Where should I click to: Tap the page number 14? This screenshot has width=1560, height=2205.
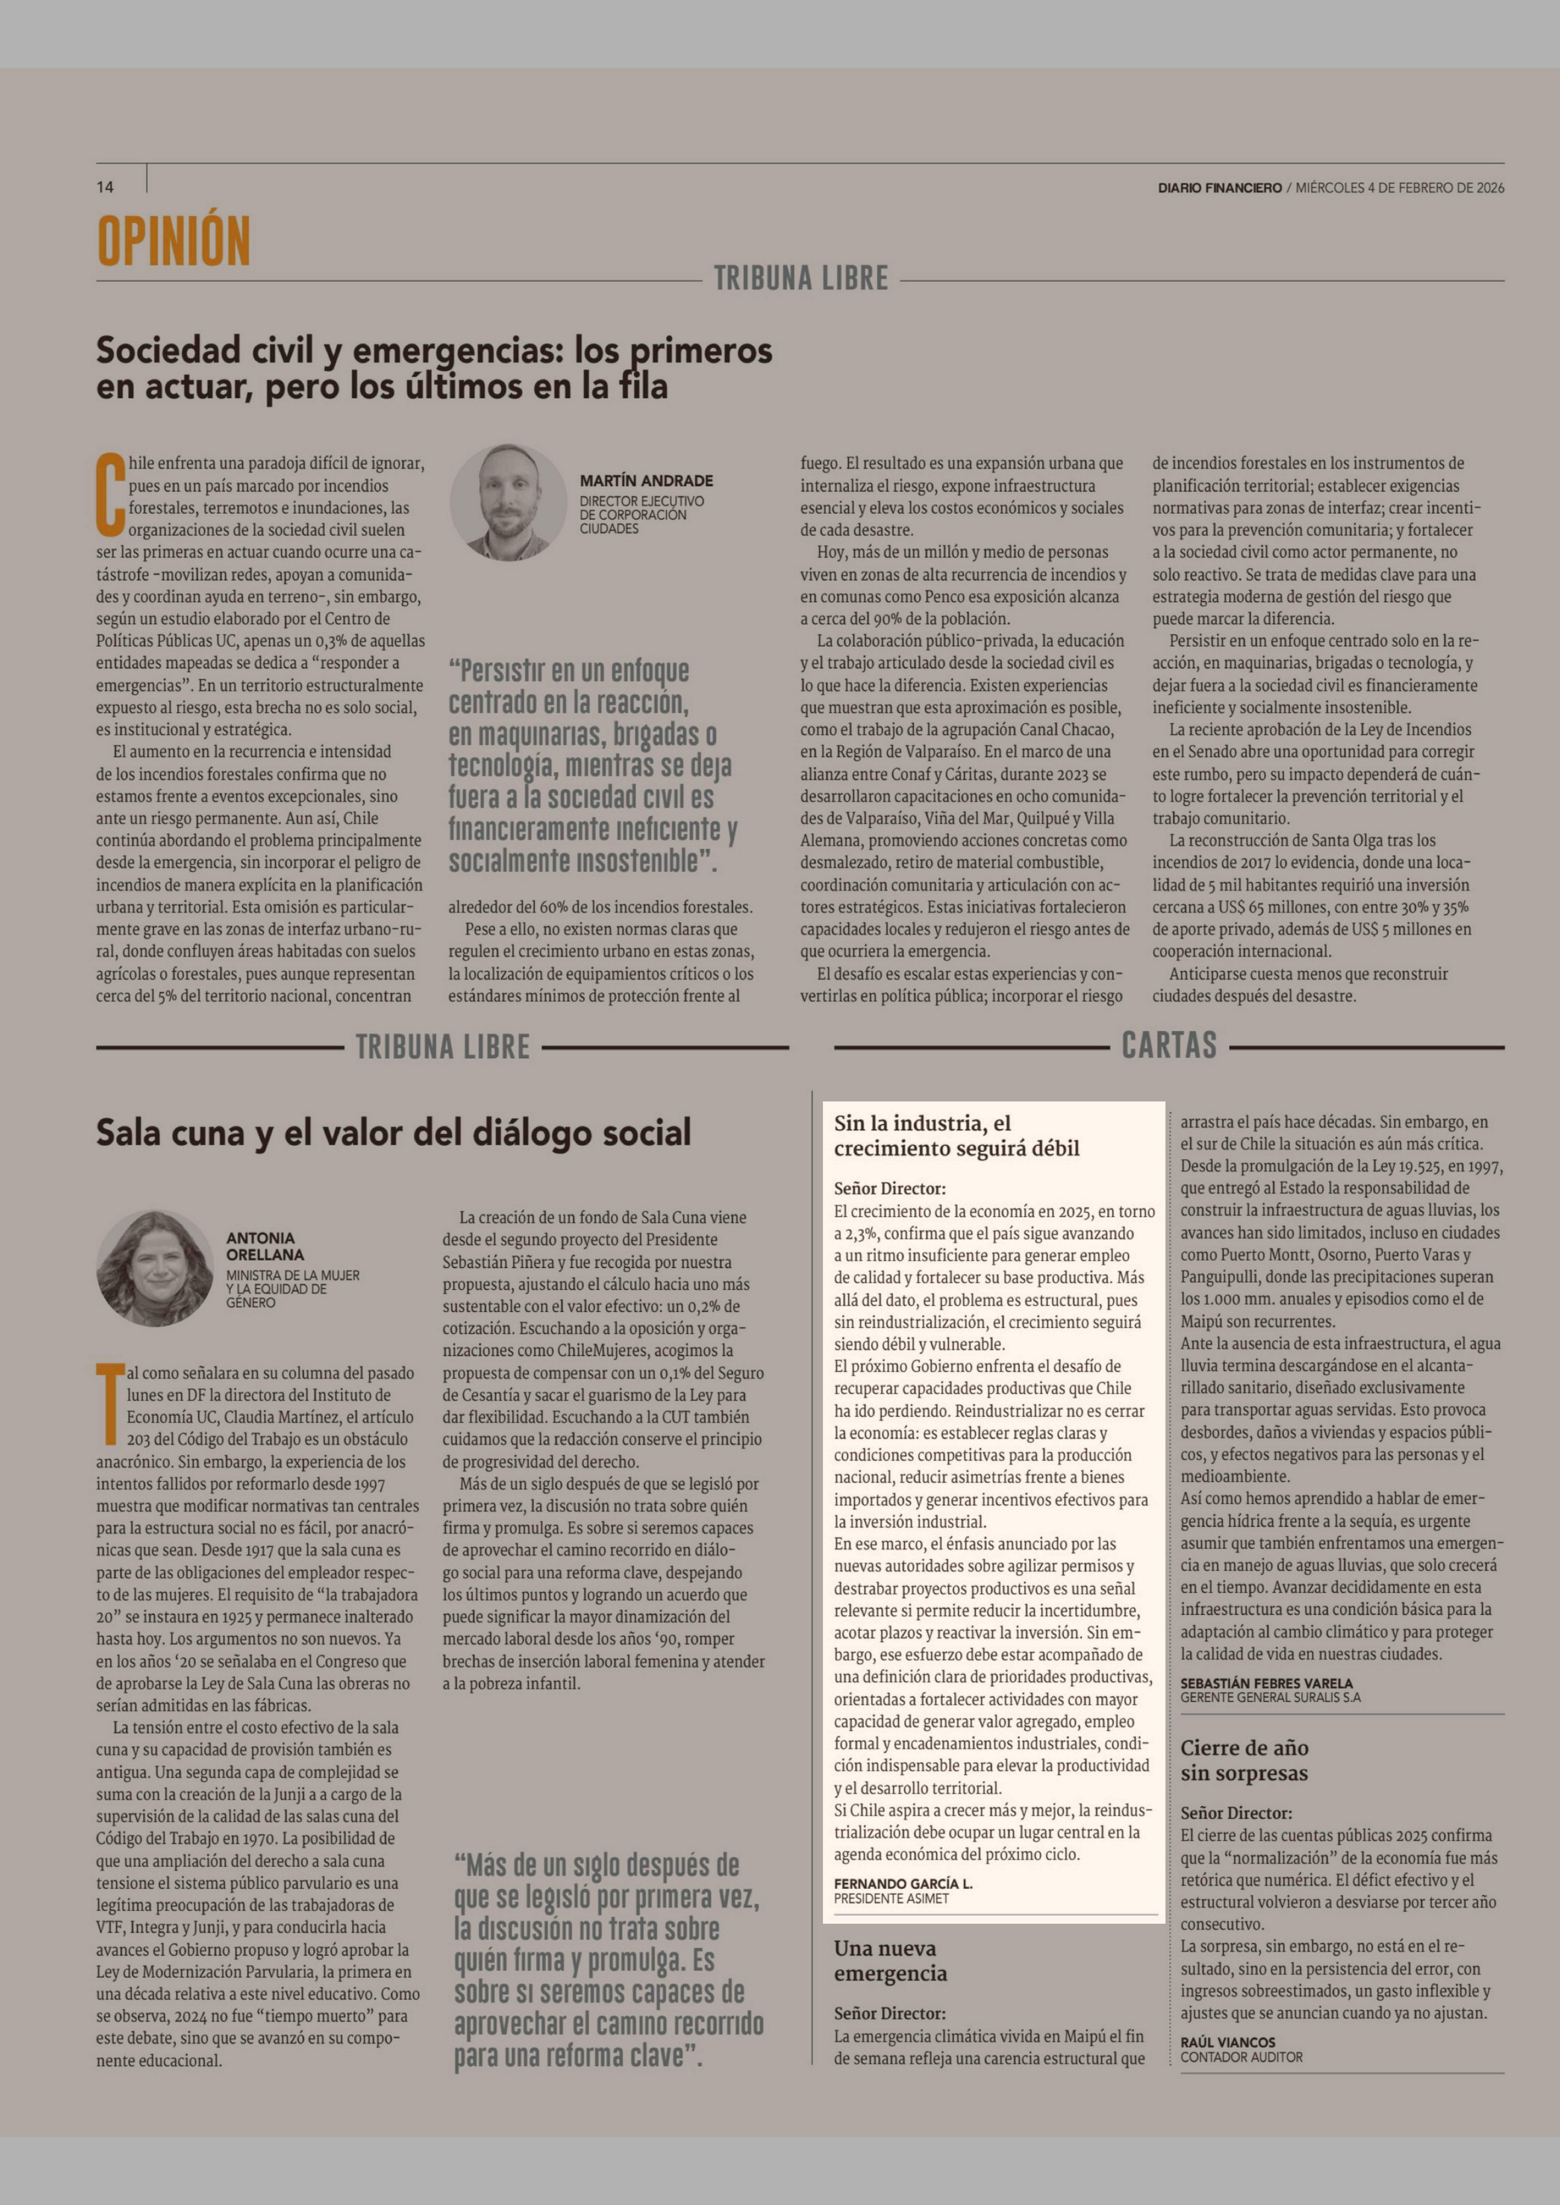click(105, 187)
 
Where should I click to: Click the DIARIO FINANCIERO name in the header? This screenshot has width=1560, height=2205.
click(1219, 188)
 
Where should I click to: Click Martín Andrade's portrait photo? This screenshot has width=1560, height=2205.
click(509, 502)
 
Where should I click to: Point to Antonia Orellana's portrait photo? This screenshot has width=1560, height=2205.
click(155, 1268)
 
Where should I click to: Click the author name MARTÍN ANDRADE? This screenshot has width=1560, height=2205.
click(646, 480)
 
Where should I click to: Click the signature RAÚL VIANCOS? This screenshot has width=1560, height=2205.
click(1228, 2042)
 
